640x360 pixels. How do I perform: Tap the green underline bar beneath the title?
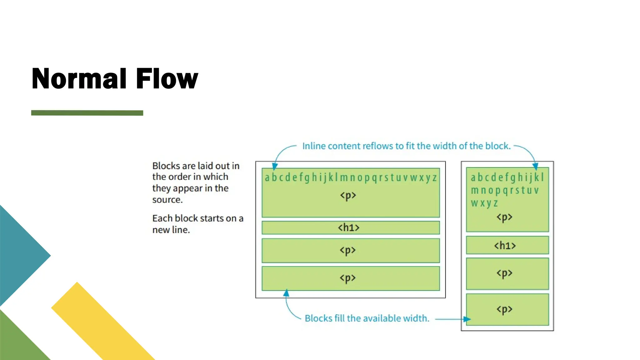pos(87,113)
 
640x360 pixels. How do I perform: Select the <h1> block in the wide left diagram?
pos(350,227)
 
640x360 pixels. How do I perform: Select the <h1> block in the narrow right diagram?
pos(507,245)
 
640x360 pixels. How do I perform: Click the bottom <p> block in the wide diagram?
pos(350,278)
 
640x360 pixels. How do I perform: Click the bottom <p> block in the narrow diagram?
pos(507,309)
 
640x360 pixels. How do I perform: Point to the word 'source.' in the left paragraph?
pos(167,200)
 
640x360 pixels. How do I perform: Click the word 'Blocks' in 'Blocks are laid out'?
pos(166,166)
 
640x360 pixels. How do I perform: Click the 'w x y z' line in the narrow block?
pos(484,203)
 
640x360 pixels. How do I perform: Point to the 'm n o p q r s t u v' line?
pos(504,190)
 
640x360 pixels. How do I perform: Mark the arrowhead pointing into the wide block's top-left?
pos(275,166)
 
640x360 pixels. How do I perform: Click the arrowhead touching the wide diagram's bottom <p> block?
pos(286,293)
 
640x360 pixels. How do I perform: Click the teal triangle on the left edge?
pos(19,255)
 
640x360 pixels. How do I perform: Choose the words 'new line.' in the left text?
pos(171,230)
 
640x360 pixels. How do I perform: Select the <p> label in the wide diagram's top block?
pos(348,196)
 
